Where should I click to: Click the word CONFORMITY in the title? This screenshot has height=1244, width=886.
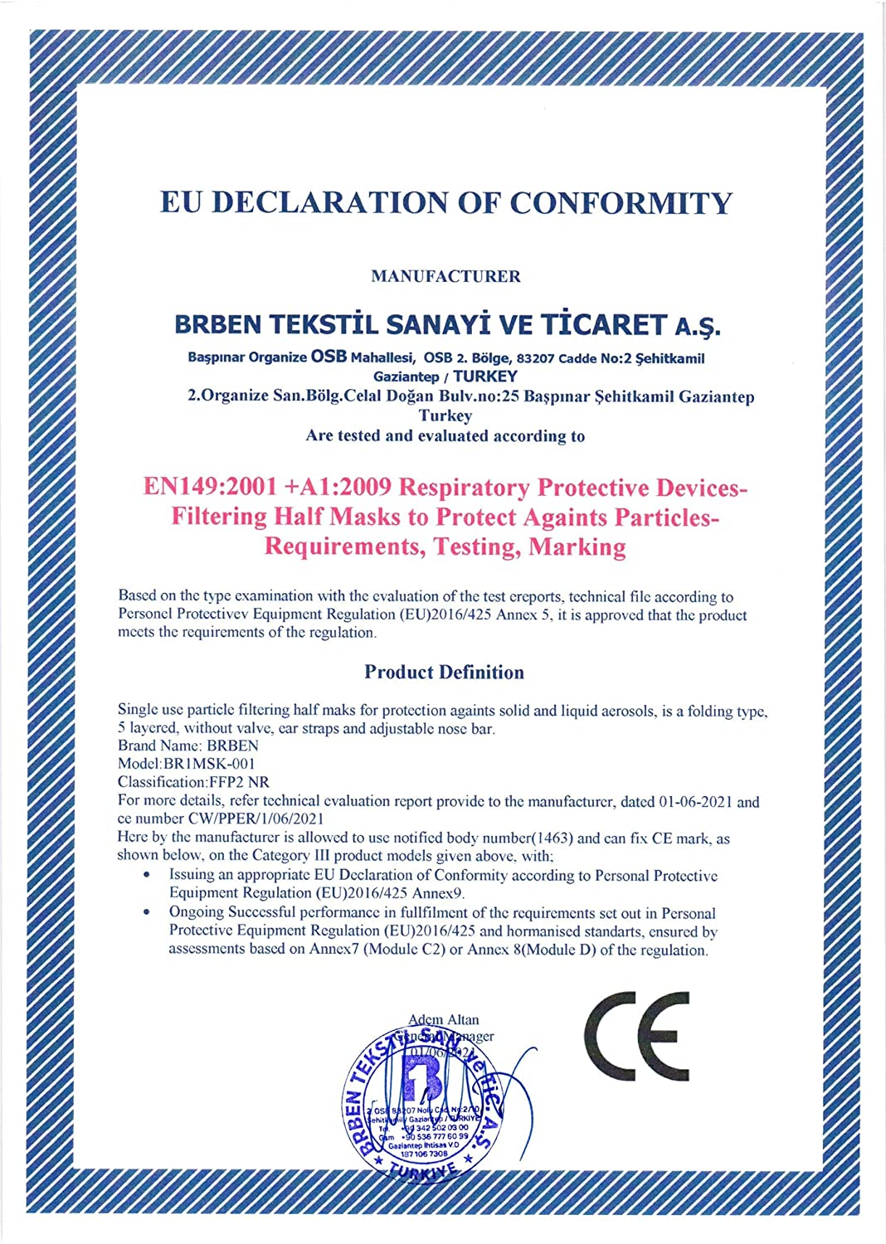621,203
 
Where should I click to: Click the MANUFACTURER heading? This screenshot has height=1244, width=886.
445,276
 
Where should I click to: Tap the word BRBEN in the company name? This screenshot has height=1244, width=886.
218,325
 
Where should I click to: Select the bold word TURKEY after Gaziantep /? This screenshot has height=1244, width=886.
485,377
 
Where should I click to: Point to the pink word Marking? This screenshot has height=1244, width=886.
577,547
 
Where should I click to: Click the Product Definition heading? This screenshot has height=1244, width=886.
444,672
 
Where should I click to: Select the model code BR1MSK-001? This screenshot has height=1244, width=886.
210,763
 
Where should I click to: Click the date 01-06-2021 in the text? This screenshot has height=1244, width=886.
696,802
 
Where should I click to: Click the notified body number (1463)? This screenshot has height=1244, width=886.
553,838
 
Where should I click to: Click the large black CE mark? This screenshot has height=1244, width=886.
637,1037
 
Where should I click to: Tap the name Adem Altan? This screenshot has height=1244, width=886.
444,1019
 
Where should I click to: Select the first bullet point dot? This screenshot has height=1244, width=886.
147,874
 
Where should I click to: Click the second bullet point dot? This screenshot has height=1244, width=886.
147,911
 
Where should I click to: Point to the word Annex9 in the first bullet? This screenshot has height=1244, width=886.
439,893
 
